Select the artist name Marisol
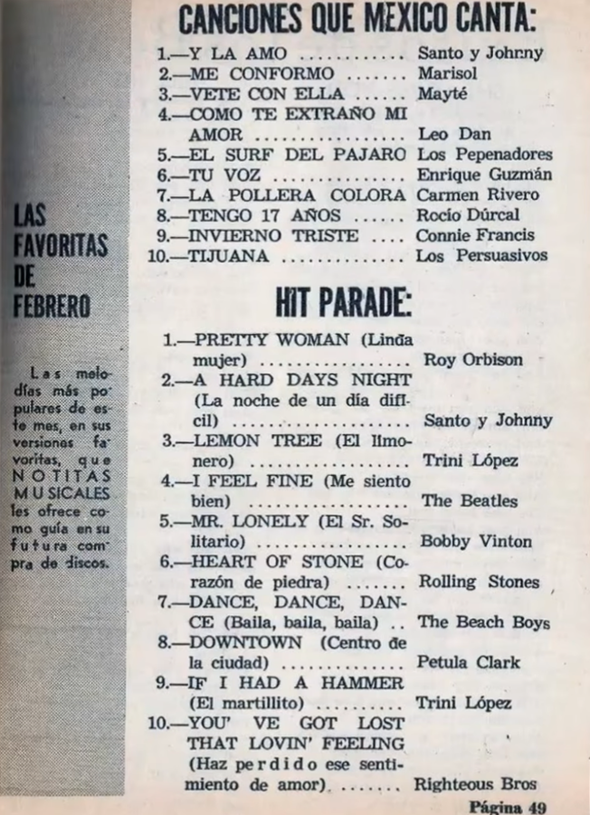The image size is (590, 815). tap(447, 73)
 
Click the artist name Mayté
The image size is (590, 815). tap(441, 94)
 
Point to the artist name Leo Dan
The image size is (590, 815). tap(453, 134)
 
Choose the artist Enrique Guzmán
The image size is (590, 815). tap(484, 175)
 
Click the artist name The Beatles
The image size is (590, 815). tap(469, 500)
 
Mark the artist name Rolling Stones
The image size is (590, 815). tap(479, 582)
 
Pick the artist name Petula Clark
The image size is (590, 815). tap(468, 662)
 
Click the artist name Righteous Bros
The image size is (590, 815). tap(475, 783)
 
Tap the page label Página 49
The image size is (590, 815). tap(509, 805)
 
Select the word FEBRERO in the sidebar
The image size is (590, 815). tap(52, 304)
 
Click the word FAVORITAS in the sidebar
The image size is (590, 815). tap(61, 245)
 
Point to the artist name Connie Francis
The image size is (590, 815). tap(475, 235)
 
